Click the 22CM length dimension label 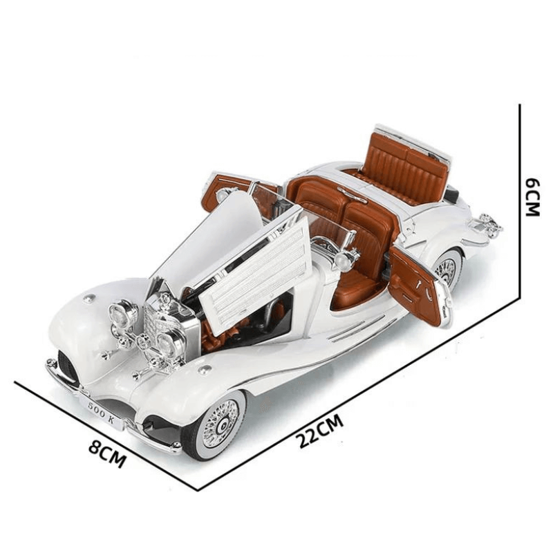click(320, 431)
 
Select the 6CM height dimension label click(531, 197)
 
